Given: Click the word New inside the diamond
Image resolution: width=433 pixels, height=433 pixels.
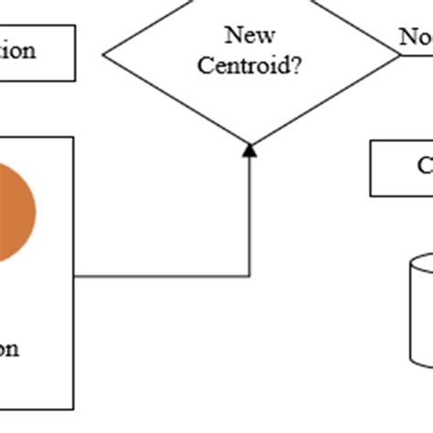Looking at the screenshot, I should tap(250, 37).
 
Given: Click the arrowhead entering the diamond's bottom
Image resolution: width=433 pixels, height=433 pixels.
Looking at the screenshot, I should tap(249, 150).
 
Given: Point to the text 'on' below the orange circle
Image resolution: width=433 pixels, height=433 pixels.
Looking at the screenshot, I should tap(8, 347).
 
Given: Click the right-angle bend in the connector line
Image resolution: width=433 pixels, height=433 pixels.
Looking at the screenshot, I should tap(249, 275).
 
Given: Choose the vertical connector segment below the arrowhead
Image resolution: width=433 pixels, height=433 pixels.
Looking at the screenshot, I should tap(249, 215).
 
